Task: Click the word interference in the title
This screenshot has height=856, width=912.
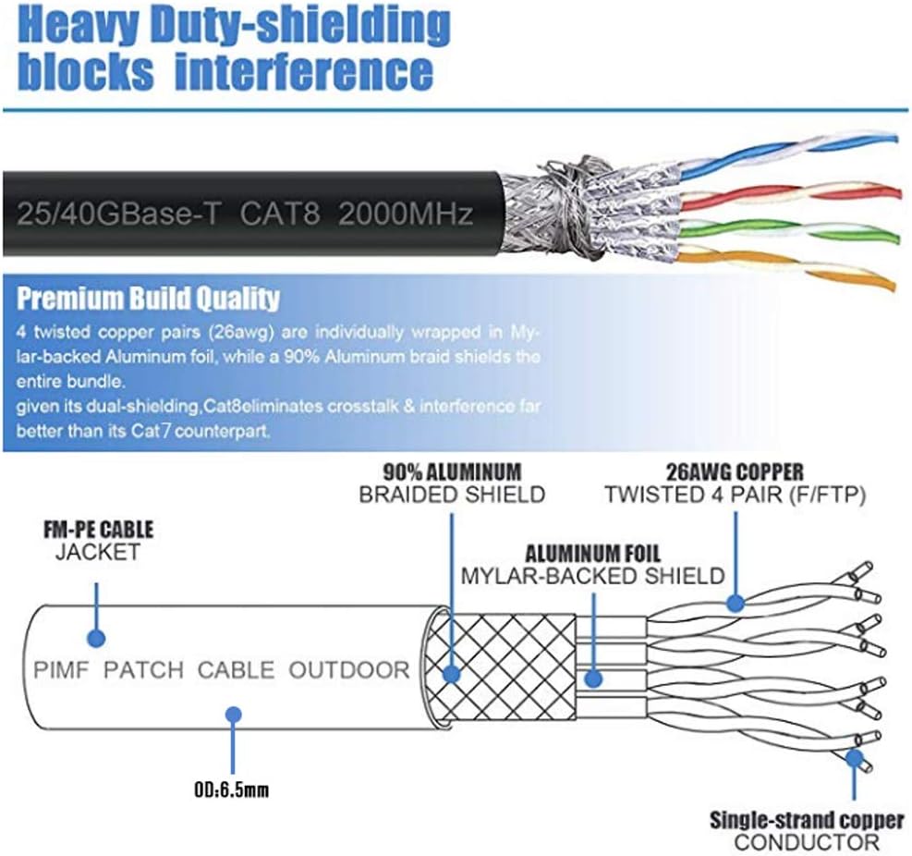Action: (304, 71)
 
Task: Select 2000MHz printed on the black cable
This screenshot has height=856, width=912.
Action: (406, 214)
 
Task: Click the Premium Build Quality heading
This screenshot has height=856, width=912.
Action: (149, 299)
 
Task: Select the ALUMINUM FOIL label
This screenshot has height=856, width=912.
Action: (592, 555)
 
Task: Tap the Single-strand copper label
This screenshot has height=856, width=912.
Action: (807, 819)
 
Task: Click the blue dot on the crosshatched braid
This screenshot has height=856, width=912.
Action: (452, 674)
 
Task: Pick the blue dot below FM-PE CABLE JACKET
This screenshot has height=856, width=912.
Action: (95, 638)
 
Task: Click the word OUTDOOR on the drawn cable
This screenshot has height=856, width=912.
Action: (348, 670)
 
